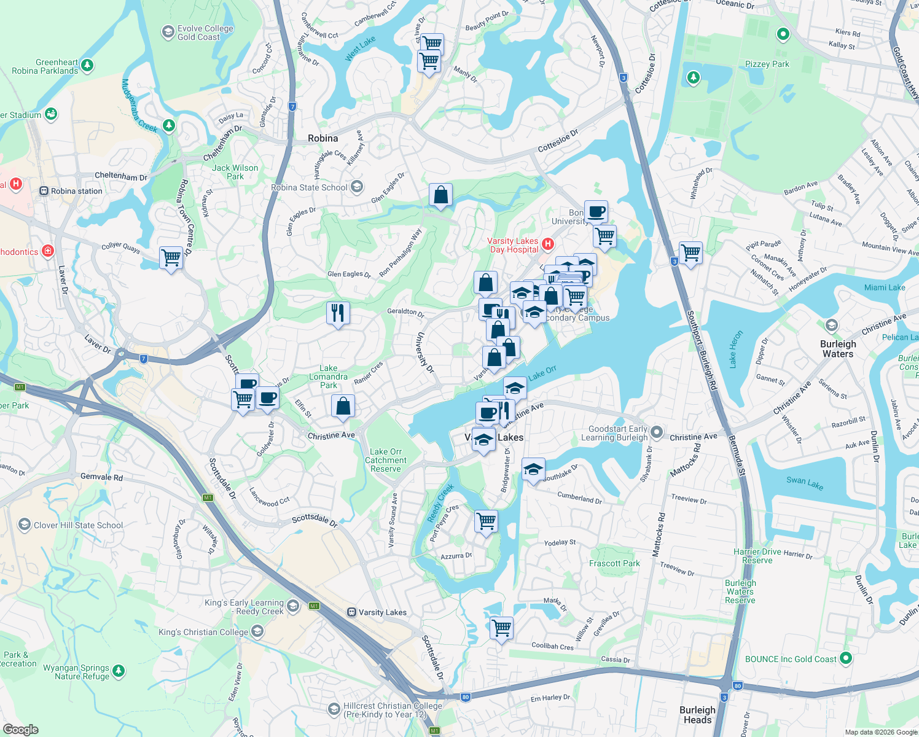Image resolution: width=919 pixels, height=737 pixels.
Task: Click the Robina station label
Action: click(x=76, y=191)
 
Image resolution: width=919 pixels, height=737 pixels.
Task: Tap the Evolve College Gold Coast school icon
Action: click(x=168, y=32)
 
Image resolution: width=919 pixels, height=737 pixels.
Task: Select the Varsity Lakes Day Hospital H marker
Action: click(x=548, y=244)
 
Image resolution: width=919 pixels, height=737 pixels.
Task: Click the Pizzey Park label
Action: click(x=767, y=64)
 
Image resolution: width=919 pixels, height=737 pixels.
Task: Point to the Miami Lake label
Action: click(x=884, y=287)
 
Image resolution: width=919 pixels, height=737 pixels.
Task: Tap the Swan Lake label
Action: click(x=805, y=483)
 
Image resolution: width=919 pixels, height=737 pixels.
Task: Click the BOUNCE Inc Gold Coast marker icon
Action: click(x=846, y=658)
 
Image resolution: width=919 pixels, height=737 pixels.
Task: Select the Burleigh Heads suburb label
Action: click(x=697, y=715)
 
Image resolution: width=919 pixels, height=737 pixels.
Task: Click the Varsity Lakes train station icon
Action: click(x=351, y=612)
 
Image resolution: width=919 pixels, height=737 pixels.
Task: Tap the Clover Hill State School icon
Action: click(x=25, y=524)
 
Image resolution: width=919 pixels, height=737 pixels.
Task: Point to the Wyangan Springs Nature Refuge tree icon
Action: click(x=119, y=671)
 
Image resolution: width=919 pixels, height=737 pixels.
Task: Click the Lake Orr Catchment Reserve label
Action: click(x=386, y=460)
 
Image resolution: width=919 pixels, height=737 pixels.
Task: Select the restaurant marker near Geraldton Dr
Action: click(x=338, y=313)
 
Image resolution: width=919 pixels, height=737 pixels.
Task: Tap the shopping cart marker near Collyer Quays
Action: click(x=171, y=257)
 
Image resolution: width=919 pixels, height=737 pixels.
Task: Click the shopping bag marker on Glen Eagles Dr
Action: click(x=440, y=195)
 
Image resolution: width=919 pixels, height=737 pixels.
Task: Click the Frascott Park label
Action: click(x=614, y=563)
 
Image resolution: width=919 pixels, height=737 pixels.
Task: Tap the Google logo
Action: click(x=20, y=730)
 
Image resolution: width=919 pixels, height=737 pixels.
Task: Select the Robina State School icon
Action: click(x=357, y=187)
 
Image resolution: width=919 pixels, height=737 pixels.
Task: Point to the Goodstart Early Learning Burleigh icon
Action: click(x=657, y=433)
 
